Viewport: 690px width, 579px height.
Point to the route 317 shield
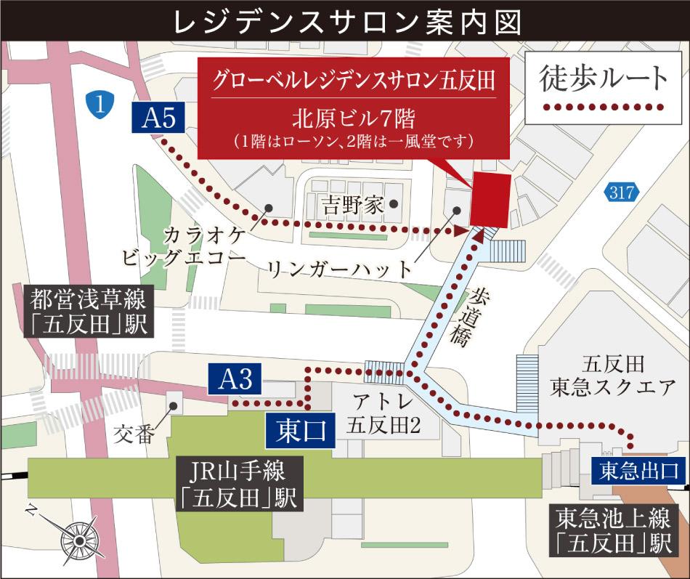[621, 193]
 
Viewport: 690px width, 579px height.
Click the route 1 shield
[102, 104]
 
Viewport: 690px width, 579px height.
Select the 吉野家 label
[352, 204]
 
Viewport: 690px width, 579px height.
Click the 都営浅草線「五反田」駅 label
[89, 312]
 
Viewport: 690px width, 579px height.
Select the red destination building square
[490, 201]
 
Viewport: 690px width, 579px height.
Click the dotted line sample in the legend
[605, 108]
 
